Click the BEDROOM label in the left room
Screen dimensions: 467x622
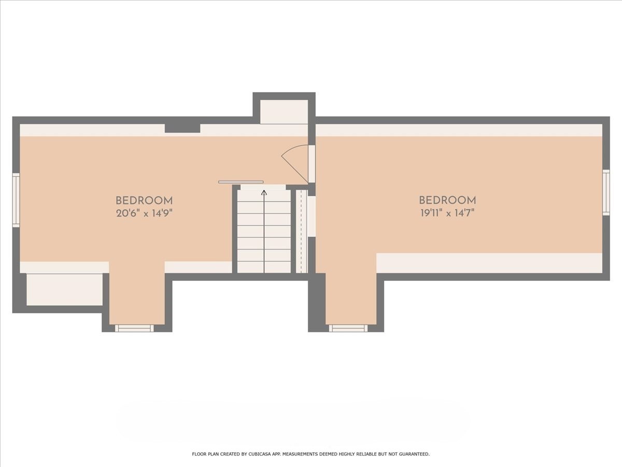click(x=144, y=201)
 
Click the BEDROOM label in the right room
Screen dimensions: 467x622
click(x=447, y=200)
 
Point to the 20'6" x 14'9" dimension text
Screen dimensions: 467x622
click(x=144, y=213)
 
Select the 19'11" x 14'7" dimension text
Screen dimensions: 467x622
click(x=447, y=213)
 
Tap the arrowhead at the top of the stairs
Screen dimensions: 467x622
click(x=264, y=193)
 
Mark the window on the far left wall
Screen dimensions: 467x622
click(x=16, y=200)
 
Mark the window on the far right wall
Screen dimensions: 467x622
click(x=606, y=192)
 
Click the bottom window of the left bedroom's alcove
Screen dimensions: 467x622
click(x=134, y=328)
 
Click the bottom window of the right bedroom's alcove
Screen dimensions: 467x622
click(x=348, y=328)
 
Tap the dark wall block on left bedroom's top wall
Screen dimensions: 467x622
click(x=182, y=128)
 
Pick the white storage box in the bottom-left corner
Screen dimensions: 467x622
click(x=64, y=290)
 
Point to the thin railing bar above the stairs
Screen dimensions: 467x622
click(x=241, y=182)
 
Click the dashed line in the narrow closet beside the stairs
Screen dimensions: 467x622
click(x=302, y=231)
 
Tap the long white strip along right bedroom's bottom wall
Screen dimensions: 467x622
click(x=489, y=263)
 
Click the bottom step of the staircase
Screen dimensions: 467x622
click(x=264, y=267)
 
